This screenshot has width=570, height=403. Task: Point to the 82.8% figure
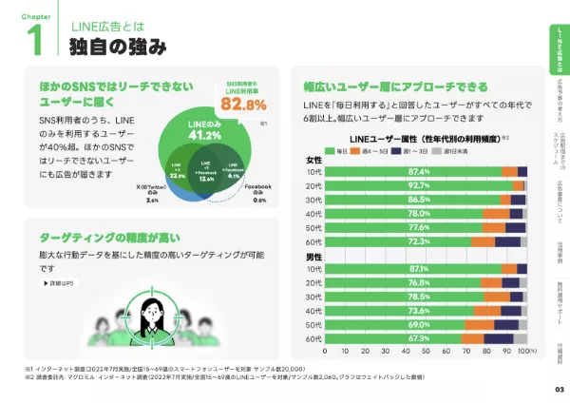(243, 103)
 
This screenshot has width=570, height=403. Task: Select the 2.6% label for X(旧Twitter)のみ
(152, 201)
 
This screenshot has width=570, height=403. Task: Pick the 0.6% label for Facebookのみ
(257, 201)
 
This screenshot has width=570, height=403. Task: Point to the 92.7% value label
(419, 185)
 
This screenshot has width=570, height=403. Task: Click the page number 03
(558, 390)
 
